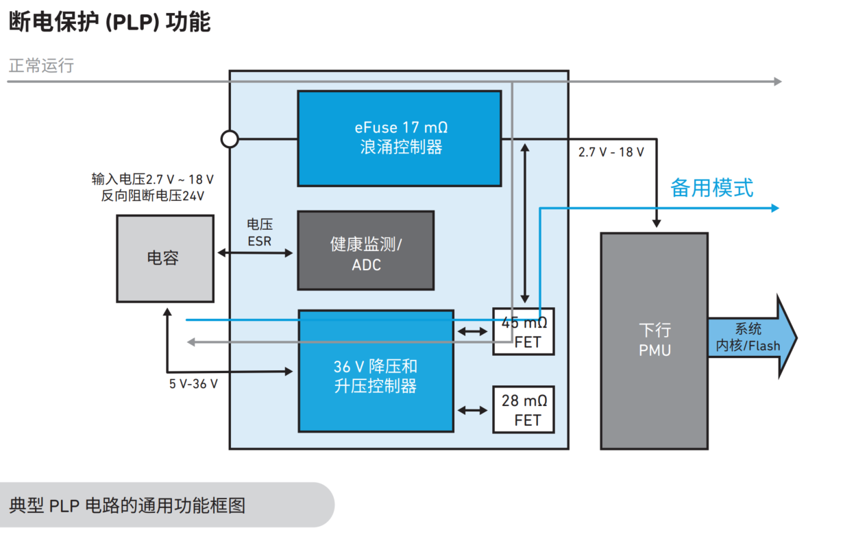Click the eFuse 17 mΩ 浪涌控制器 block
point(399,138)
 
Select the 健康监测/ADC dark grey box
point(365,250)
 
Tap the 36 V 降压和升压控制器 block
point(376,370)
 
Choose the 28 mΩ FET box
point(524,409)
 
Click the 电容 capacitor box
point(164,259)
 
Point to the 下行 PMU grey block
point(654,341)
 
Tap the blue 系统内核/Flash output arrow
point(751,337)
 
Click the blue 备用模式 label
point(711,187)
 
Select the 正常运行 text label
point(41,66)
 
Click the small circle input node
point(230,139)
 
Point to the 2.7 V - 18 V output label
point(611,152)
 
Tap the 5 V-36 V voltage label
point(193,384)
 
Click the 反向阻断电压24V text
point(153,195)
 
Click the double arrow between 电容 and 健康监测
point(254,252)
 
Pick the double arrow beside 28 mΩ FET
point(474,410)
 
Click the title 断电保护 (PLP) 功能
point(110,21)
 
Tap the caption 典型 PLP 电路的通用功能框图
point(127,506)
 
